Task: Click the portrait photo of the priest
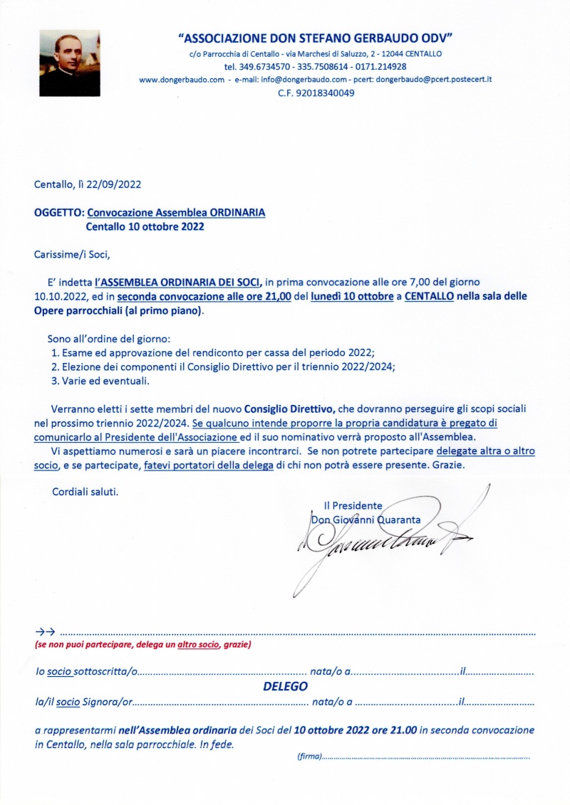pyautogui.click(x=68, y=63)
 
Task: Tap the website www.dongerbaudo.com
pyautogui.click(x=182, y=80)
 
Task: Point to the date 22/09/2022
pyautogui.click(x=114, y=184)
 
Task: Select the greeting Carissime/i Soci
pyautogui.click(x=73, y=253)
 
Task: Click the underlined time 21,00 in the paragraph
pyautogui.click(x=277, y=295)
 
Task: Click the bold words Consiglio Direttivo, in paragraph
pyautogui.click(x=289, y=409)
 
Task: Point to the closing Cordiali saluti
pyautogui.click(x=85, y=491)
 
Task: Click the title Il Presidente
pyautogui.click(x=353, y=505)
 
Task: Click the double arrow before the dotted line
pyautogui.click(x=45, y=631)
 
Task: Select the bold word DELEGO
pyautogui.click(x=285, y=687)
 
